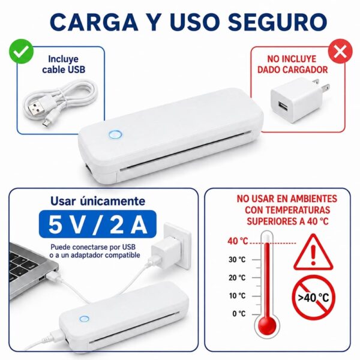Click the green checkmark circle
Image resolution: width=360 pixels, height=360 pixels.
tap(21, 51)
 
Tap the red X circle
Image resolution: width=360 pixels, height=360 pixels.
tap(340, 51)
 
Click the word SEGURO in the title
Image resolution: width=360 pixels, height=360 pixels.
tap(277, 22)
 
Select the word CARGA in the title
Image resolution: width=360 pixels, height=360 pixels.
tap(94, 22)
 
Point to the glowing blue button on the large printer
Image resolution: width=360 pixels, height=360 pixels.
tap(115, 135)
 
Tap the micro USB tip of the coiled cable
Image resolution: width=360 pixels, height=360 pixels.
tap(46, 124)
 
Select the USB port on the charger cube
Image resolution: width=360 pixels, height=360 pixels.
tap(282, 106)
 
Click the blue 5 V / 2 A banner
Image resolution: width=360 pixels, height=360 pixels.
tap(98, 224)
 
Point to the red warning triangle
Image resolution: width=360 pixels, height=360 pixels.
tap(313, 253)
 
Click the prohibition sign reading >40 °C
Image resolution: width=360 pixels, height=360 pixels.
tap(314, 298)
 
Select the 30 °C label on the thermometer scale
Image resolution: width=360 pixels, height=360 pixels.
tap(237, 260)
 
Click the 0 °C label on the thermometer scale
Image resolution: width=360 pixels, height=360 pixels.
tap(239, 314)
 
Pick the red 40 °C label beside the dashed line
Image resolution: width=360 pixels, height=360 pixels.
tap(238, 241)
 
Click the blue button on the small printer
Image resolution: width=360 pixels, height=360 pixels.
tap(84, 319)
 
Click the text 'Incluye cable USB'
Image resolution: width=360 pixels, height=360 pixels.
tap(64, 64)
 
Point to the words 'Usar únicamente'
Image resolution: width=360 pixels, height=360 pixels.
tap(98, 201)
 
